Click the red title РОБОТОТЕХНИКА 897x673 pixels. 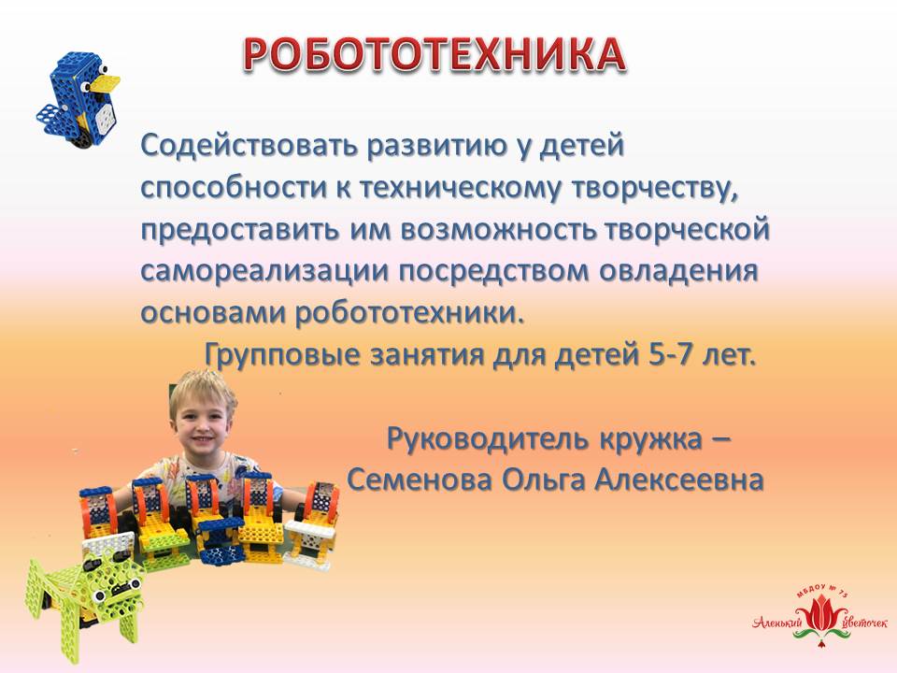434,55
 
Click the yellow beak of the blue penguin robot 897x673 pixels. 107,83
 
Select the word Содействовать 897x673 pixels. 249,145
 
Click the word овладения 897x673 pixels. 678,271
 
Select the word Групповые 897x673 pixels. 282,355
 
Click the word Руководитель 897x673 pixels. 488,438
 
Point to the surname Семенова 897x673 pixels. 420,480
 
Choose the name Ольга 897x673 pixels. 544,480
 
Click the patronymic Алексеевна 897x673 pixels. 679,480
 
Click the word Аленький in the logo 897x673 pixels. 777,622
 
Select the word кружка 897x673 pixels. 650,439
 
